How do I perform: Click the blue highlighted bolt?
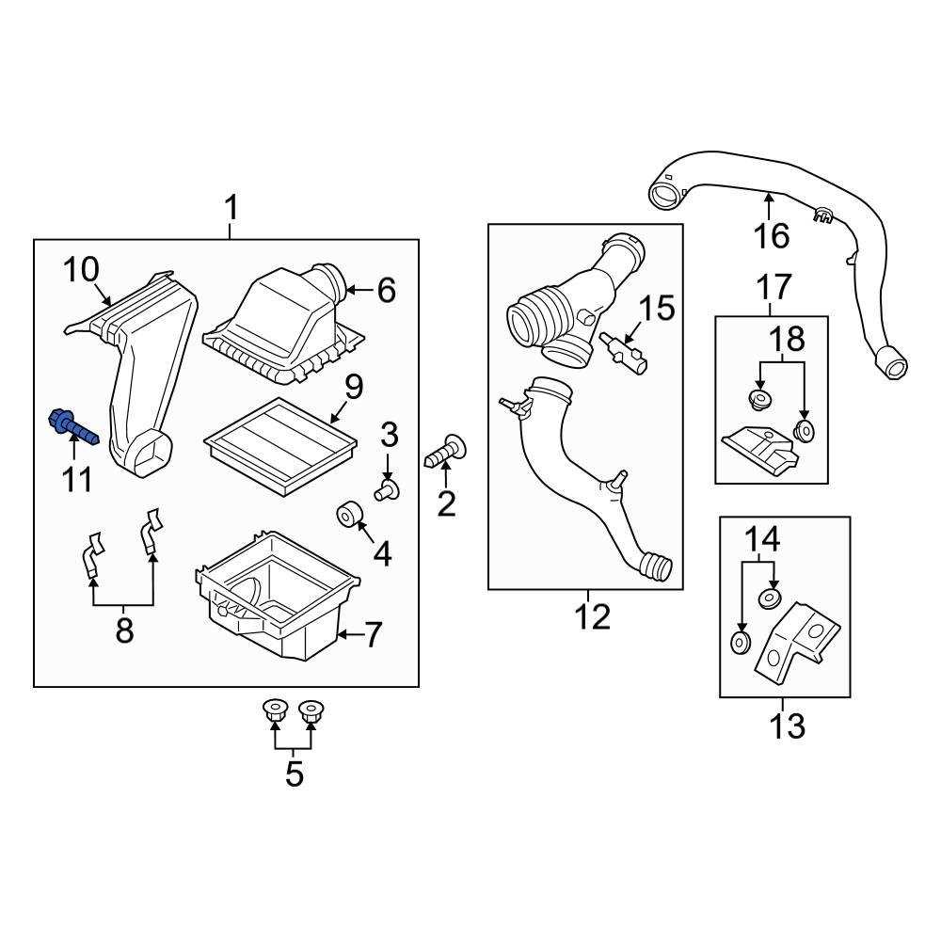click(x=71, y=429)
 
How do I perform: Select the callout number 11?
click(x=77, y=480)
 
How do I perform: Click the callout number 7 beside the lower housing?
click(x=374, y=636)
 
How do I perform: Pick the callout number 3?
click(x=389, y=436)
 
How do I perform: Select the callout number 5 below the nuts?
click(x=295, y=774)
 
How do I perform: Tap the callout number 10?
click(x=82, y=270)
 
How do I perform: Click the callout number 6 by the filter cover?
click(x=387, y=291)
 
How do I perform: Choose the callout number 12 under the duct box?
click(x=594, y=617)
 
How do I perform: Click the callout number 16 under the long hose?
click(x=772, y=235)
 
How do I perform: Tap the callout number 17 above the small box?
click(x=774, y=287)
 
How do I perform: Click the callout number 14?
click(x=763, y=539)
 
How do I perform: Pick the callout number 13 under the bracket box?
click(x=787, y=726)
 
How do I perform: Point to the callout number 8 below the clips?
click(x=124, y=630)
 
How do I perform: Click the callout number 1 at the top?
click(x=231, y=206)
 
